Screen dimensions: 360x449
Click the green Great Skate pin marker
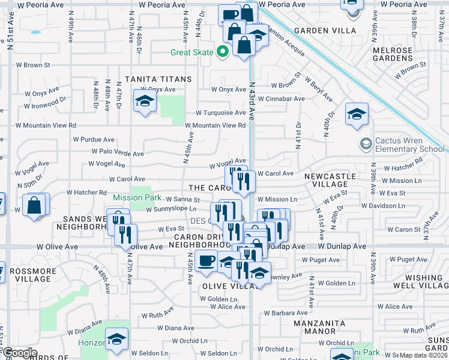pyautogui.click(x=223, y=52)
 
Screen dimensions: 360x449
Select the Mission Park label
pyautogui.click(x=137, y=197)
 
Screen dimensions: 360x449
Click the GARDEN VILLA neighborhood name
pyautogui.click(x=325, y=31)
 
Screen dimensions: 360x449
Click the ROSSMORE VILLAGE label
pyautogui.click(x=34, y=275)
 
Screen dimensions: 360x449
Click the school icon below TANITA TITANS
pyautogui.click(x=145, y=103)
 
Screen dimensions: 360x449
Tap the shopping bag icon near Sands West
pyautogui.click(x=34, y=206)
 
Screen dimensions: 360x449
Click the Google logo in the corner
pyautogui.click(x=20, y=353)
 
